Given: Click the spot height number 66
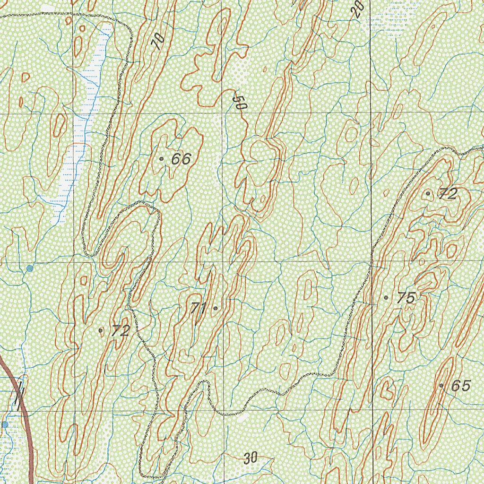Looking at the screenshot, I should (181, 159).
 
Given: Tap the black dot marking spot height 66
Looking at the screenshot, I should (162, 159).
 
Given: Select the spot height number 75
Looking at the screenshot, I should (406, 298).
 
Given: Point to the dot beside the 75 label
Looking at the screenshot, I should (386, 298).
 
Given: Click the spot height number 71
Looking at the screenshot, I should (199, 309).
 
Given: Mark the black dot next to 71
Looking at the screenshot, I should (216, 308).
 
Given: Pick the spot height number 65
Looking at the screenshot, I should (460, 386).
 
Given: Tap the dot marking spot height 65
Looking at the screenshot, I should (441, 386).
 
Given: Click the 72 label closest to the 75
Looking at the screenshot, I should (448, 194).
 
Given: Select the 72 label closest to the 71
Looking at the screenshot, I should (120, 331).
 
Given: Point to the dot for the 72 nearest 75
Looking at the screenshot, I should (428, 193).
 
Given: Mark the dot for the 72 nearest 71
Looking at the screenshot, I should (101, 330).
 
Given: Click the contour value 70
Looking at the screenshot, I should (158, 42).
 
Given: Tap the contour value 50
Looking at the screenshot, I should (240, 103).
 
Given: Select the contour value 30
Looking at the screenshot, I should (251, 458).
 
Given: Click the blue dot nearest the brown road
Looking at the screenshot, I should (5, 425).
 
